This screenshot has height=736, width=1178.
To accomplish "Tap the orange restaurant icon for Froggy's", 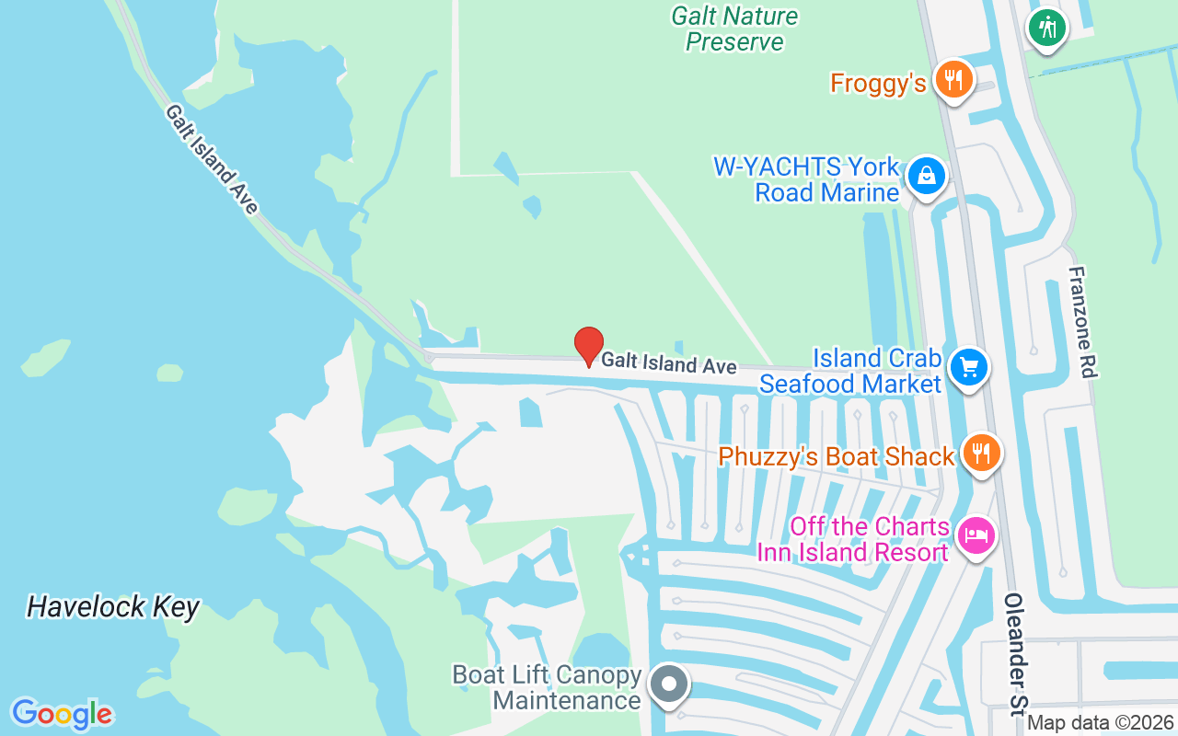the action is coord(954,80).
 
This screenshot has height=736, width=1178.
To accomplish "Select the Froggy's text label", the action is coord(877,84).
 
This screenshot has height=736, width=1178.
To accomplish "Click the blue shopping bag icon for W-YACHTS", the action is coord(926,176).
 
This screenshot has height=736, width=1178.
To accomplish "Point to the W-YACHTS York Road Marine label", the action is coord(806,179).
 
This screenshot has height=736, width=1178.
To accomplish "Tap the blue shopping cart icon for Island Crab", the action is coord(968,367).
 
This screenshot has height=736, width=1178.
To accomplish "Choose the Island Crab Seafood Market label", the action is coord(849,371).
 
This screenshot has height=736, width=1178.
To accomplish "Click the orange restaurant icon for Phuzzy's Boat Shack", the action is coord(982,453).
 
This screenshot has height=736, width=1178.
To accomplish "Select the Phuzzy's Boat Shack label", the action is coord(836,456).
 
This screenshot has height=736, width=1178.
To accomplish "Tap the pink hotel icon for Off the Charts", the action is coord(976,535).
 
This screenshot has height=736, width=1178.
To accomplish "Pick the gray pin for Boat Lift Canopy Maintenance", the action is coord(669,684).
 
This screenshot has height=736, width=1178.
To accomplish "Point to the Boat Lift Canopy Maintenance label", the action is coord(547,687).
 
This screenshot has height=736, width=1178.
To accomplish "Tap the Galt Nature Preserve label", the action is coord(734,29).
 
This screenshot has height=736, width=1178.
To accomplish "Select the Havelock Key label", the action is coord(113,606).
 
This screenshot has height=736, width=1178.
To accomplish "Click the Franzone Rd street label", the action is coord(1083,322).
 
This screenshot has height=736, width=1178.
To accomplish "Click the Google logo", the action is coord(62,714).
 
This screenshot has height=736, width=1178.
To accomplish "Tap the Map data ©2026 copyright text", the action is coord(1100,723).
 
